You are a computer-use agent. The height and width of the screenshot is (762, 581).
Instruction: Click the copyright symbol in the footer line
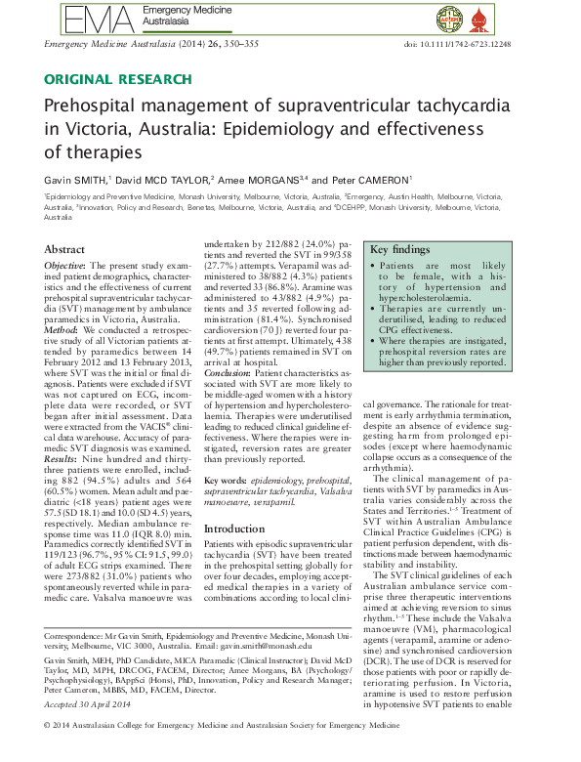click(x=51, y=752)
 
